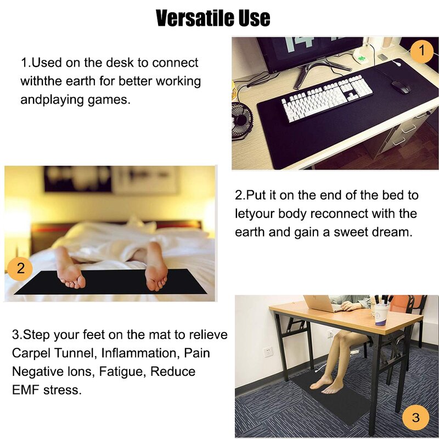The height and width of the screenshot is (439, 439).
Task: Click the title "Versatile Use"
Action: [x=213, y=18]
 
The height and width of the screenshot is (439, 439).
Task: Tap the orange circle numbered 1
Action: [x=421, y=52]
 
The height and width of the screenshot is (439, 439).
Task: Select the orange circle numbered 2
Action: [x=21, y=268]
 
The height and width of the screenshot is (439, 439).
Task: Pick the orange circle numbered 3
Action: [x=415, y=418]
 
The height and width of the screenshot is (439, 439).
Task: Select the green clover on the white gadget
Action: [x=361, y=53]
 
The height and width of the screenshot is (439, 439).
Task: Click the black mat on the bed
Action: [x=110, y=283]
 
